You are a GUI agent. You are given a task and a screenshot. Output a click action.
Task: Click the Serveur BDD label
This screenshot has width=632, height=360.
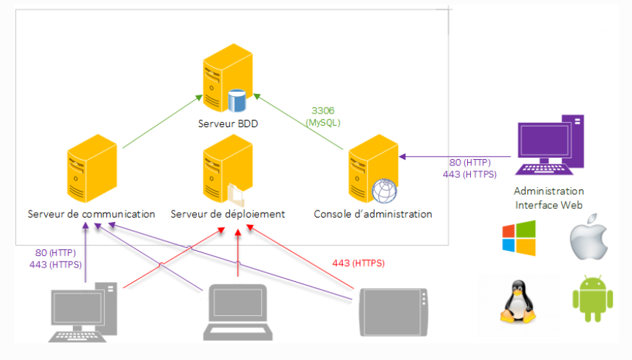(228, 124)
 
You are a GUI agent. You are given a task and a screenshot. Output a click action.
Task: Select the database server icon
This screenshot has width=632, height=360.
(228, 78)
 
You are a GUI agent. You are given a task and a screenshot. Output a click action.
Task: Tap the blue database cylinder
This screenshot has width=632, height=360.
(237, 100)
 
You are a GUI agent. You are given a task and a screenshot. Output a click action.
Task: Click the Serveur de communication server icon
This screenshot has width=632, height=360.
(92, 168)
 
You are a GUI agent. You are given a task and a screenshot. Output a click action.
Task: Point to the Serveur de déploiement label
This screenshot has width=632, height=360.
(228, 214)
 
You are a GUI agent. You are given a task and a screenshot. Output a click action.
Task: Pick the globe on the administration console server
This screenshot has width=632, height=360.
(384, 191)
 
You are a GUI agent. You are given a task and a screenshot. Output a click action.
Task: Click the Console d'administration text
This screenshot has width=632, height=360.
(373, 214)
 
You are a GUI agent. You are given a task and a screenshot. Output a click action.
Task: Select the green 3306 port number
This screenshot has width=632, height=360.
(323, 111)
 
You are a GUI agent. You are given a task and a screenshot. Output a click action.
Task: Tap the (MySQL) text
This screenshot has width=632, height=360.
(323, 123)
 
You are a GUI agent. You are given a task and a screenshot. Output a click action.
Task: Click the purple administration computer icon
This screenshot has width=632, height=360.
(550, 145)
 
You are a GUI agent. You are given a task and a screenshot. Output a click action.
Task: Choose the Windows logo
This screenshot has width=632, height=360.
(519, 238)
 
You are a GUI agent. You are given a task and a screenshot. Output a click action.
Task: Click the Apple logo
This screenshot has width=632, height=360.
(589, 236)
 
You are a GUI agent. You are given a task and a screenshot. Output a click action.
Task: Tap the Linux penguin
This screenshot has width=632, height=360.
(518, 301)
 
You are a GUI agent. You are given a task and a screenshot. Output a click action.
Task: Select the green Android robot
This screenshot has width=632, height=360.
(592, 299)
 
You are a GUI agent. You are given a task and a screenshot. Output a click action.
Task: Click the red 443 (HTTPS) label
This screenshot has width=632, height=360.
(359, 263)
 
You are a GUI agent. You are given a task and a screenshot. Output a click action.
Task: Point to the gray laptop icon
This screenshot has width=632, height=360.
(238, 312)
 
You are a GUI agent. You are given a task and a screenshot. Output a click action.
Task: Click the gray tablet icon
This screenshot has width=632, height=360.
(393, 312)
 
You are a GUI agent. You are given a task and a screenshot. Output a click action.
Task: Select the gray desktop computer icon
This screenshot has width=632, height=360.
(84, 312)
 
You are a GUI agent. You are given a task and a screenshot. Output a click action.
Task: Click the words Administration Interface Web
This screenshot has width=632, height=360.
(549, 198)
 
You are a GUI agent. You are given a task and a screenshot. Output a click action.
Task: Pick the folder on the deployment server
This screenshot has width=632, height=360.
(236, 194)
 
